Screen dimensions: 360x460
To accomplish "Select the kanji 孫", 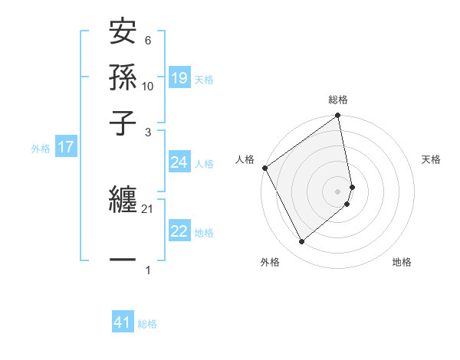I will [x=123, y=79].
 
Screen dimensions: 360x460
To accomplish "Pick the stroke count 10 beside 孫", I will [x=148, y=86].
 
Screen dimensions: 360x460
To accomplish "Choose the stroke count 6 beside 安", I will [x=148, y=41].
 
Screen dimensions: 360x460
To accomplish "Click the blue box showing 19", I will [x=179, y=78].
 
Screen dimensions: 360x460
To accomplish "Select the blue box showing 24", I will [x=179, y=162].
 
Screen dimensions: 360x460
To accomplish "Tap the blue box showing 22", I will [x=179, y=231].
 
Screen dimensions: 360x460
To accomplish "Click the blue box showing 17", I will [x=65, y=148].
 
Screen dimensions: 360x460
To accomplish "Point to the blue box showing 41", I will [x=123, y=322].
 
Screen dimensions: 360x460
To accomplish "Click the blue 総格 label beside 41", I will [x=147, y=324].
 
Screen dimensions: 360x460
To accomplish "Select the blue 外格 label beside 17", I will [x=41, y=149].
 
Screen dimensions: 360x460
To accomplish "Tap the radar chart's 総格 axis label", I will [x=338, y=100].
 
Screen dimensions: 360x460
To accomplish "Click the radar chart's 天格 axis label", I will [x=431, y=159].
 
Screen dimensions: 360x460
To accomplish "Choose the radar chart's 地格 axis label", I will [x=402, y=262].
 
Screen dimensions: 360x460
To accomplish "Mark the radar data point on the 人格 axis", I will [x=264, y=168].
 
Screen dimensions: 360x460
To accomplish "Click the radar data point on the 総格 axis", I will [x=338, y=116].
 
